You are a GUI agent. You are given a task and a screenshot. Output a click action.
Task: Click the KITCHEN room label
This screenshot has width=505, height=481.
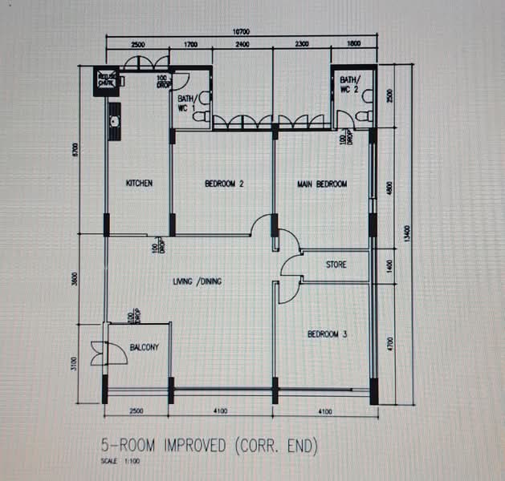tap(139, 184)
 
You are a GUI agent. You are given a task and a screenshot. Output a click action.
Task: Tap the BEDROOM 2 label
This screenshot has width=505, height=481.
tap(224, 184)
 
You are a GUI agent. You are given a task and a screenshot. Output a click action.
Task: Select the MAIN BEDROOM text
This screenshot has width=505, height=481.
tap(322, 184)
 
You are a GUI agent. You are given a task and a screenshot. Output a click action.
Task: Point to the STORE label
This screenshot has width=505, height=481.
tap(336, 264)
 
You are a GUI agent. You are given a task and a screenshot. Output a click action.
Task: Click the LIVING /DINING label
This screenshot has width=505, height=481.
tap(198, 281)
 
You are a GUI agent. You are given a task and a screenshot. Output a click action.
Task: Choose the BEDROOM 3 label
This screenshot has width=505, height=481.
tap(327, 333)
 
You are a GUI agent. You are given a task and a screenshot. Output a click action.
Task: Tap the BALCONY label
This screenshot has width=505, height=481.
tap(145, 347)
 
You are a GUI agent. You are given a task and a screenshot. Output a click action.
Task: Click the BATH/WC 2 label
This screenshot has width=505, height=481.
tap(351, 84)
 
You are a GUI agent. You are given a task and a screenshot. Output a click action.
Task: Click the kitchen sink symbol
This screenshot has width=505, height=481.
tap(115, 123)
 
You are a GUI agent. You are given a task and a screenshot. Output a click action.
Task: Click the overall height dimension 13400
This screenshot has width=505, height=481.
tap(407, 233)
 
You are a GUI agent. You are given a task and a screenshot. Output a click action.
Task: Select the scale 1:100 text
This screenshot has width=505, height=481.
tap(116, 463)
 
